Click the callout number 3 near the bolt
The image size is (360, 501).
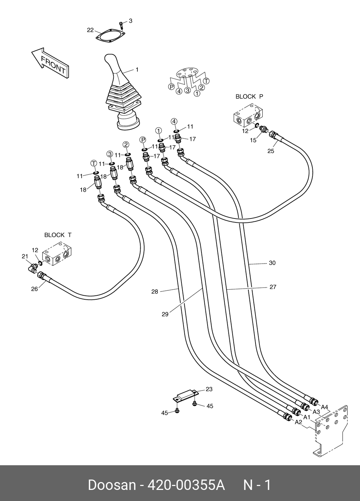(x=130, y=21)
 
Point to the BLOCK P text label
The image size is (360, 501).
(x=249, y=97)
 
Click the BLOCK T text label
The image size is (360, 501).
(x=58, y=235)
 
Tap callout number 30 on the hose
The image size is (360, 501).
(x=272, y=263)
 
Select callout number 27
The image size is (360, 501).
(x=273, y=287)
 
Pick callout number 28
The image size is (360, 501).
(x=155, y=292)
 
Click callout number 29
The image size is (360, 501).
(x=165, y=314)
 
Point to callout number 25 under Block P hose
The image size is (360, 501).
(x=271, y=151)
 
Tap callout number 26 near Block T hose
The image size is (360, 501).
(x=34, y=289)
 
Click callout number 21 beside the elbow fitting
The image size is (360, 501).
(x=25, y=256)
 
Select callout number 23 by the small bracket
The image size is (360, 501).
(x=209, y=389)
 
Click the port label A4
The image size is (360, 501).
(x=324, y=407)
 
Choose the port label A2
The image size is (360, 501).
(x=298, y=422)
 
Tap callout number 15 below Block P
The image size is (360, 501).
(x=253, y=140)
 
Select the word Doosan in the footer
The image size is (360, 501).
(x=112, y=485)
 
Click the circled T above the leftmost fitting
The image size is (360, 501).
(x=94, y=163)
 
